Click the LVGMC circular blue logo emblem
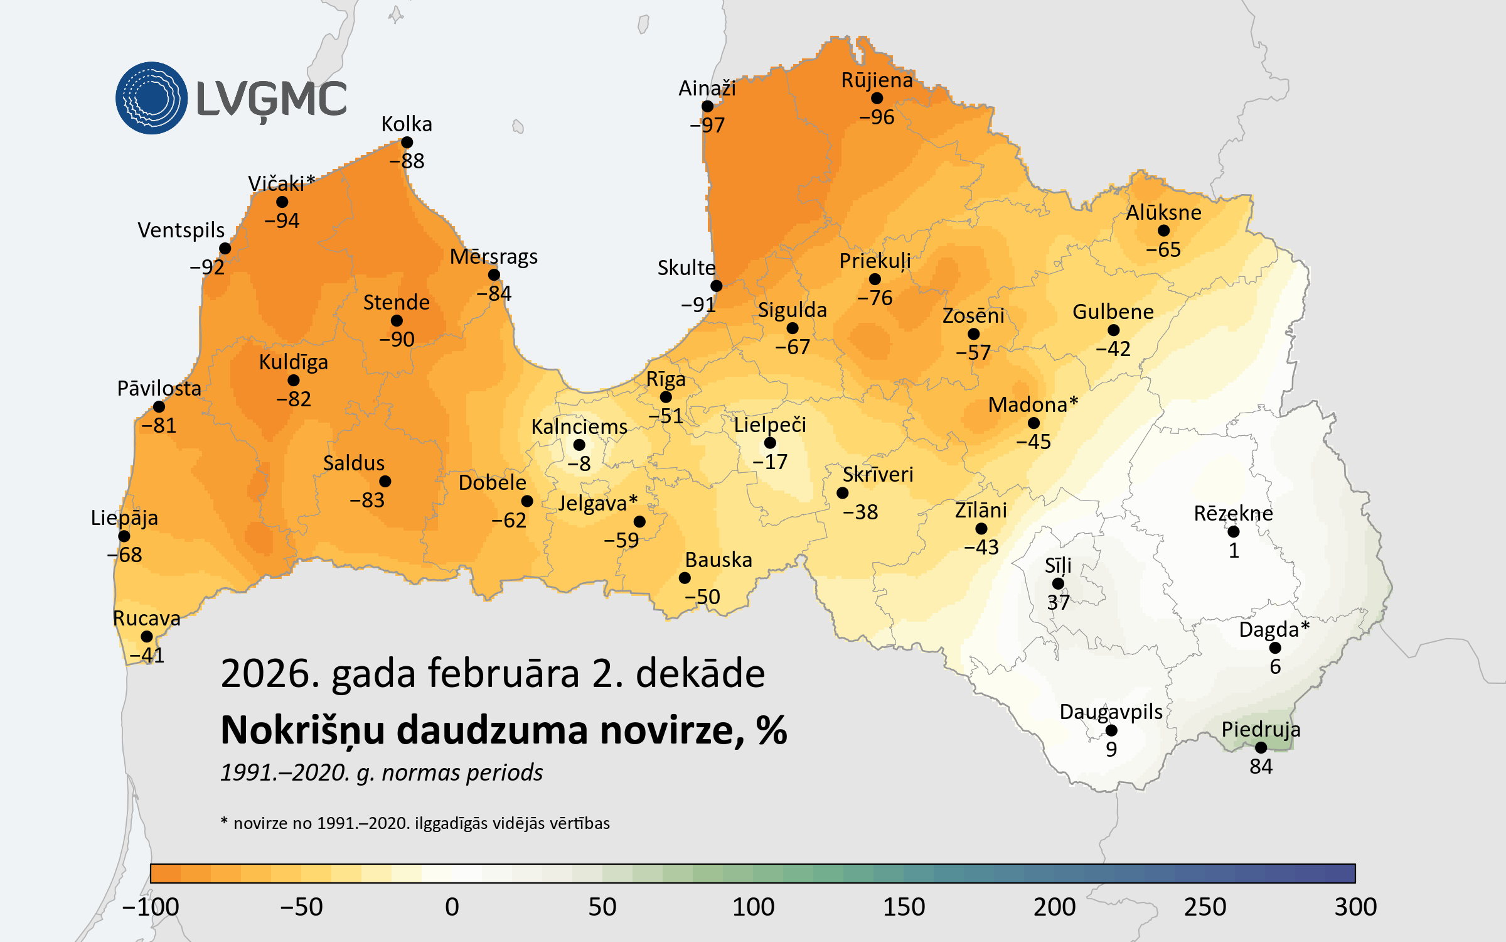click(x=151, y=98)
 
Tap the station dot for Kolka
click(x=407, y=143)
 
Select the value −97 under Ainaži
click(x=707, y=125)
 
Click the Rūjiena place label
click(x=877, y=80)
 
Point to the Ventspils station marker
click(x=225, y=249)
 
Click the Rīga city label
click(x=666, y=379)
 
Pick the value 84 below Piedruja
click(x=1261, y=766)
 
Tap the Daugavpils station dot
click(x=1111, y=730)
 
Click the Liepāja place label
click(x=124, y=518)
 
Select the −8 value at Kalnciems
click(x=579, y=463)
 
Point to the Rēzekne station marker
click(x=1234, y=532)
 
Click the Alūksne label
click(x=1163, y=212)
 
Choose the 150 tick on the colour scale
click(x=904, y=907)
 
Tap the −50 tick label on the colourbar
click(x=301, y=907)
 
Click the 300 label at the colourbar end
click(x=1355, y=907)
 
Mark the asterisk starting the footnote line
click(x=224, y=821)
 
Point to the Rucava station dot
click(x=147, y=637)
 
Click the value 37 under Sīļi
click(x=1058, y=602)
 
